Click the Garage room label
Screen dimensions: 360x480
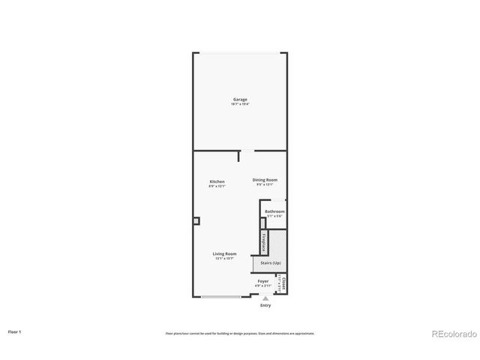point(240,99)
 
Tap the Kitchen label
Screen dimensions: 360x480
point(217,181)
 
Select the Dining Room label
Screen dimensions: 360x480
point(265,180)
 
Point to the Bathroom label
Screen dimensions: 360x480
point(274,211)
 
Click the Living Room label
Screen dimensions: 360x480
point(225,254)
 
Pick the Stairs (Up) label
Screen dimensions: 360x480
point(271,263)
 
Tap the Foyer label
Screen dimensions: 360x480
point(263,281)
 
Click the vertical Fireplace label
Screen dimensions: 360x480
point(264,242)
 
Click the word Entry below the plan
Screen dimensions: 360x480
point(265,305)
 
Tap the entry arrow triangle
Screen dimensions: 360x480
point(265,298)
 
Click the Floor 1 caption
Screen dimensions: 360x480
point(15,331)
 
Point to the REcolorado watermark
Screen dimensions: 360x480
point(452,334)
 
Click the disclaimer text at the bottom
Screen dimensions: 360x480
point(239,333)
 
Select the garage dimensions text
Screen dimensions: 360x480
point(240,103)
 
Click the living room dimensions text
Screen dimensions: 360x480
point(225,259)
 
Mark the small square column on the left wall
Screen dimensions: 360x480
point(196,220)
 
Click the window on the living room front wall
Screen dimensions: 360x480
point(222,296)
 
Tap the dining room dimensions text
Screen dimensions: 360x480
point(265,184)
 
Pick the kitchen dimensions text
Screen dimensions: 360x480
point(217,186)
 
